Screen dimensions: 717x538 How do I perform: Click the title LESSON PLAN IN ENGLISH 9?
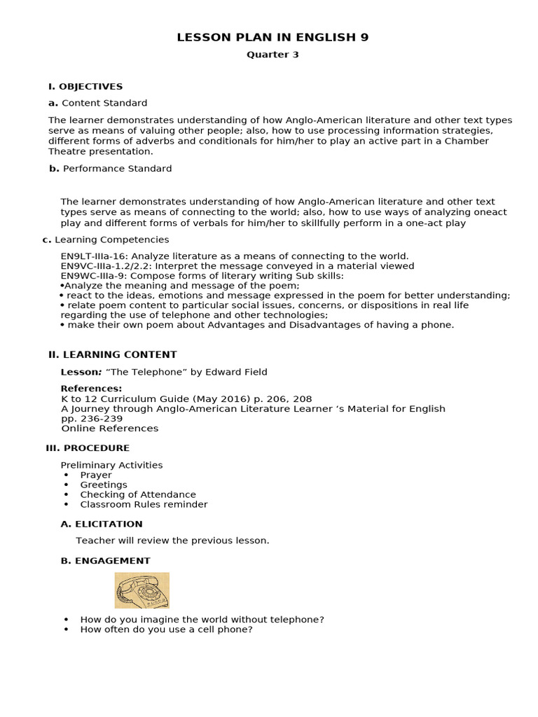point(273,37)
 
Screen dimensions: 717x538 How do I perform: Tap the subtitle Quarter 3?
point(273,55)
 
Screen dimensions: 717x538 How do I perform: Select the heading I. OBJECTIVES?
point(85,87)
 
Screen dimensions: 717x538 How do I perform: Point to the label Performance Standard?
point(117,169)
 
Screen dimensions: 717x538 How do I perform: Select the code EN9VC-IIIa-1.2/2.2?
point(106,266)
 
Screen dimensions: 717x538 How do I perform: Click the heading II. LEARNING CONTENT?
point(112,355)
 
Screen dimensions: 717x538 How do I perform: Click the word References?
point(91,389)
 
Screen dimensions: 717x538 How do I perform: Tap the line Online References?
point(110,429)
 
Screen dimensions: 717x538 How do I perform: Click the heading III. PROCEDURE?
point(88,448)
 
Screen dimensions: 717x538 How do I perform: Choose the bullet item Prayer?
point(96,475)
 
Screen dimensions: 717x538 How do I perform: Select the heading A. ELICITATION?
point(102,524)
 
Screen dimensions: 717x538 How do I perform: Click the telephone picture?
point(142,590)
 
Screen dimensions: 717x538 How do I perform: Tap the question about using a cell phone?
point(166,629)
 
